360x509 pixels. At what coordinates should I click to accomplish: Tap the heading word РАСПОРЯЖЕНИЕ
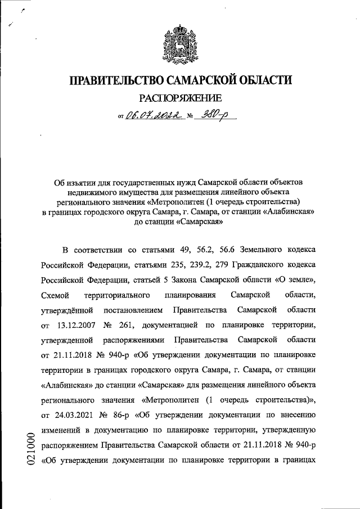pyautogui.click(x=181, y=100)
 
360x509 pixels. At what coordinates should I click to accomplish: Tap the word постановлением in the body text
pyautogui.click(x=133, y=310)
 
